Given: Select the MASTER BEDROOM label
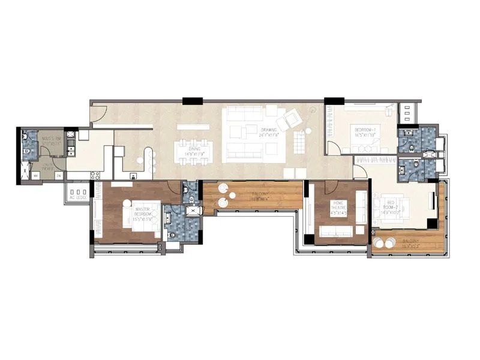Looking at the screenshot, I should point(142,212).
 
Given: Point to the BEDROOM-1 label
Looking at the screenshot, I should point(365,133).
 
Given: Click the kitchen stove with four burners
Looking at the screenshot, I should point(95,175).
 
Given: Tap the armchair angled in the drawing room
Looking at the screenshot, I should point(295,120).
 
